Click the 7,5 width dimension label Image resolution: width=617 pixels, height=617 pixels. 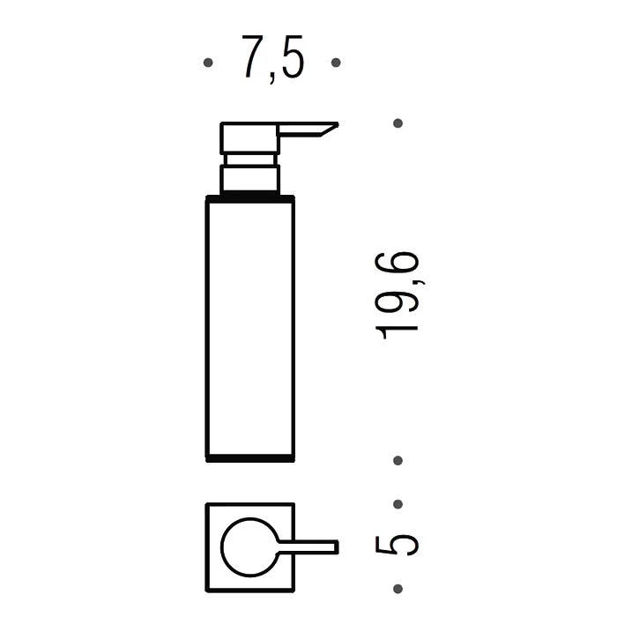pos(272,58)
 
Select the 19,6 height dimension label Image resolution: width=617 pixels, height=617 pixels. pos(398,295)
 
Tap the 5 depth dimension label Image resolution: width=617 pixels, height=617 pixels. pos(397,546)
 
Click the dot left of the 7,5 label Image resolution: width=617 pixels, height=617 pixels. pos(208,63)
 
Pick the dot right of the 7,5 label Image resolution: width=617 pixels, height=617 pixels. pos(336,63)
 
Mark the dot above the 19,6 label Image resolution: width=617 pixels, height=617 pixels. pos(398,123)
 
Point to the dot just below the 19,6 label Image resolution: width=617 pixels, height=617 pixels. pos(398,460)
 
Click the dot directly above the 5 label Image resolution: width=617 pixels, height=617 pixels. pos(398,504)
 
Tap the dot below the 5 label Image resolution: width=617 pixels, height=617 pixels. pos(398,589)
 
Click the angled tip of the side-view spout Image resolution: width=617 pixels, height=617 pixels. pos(337,125)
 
